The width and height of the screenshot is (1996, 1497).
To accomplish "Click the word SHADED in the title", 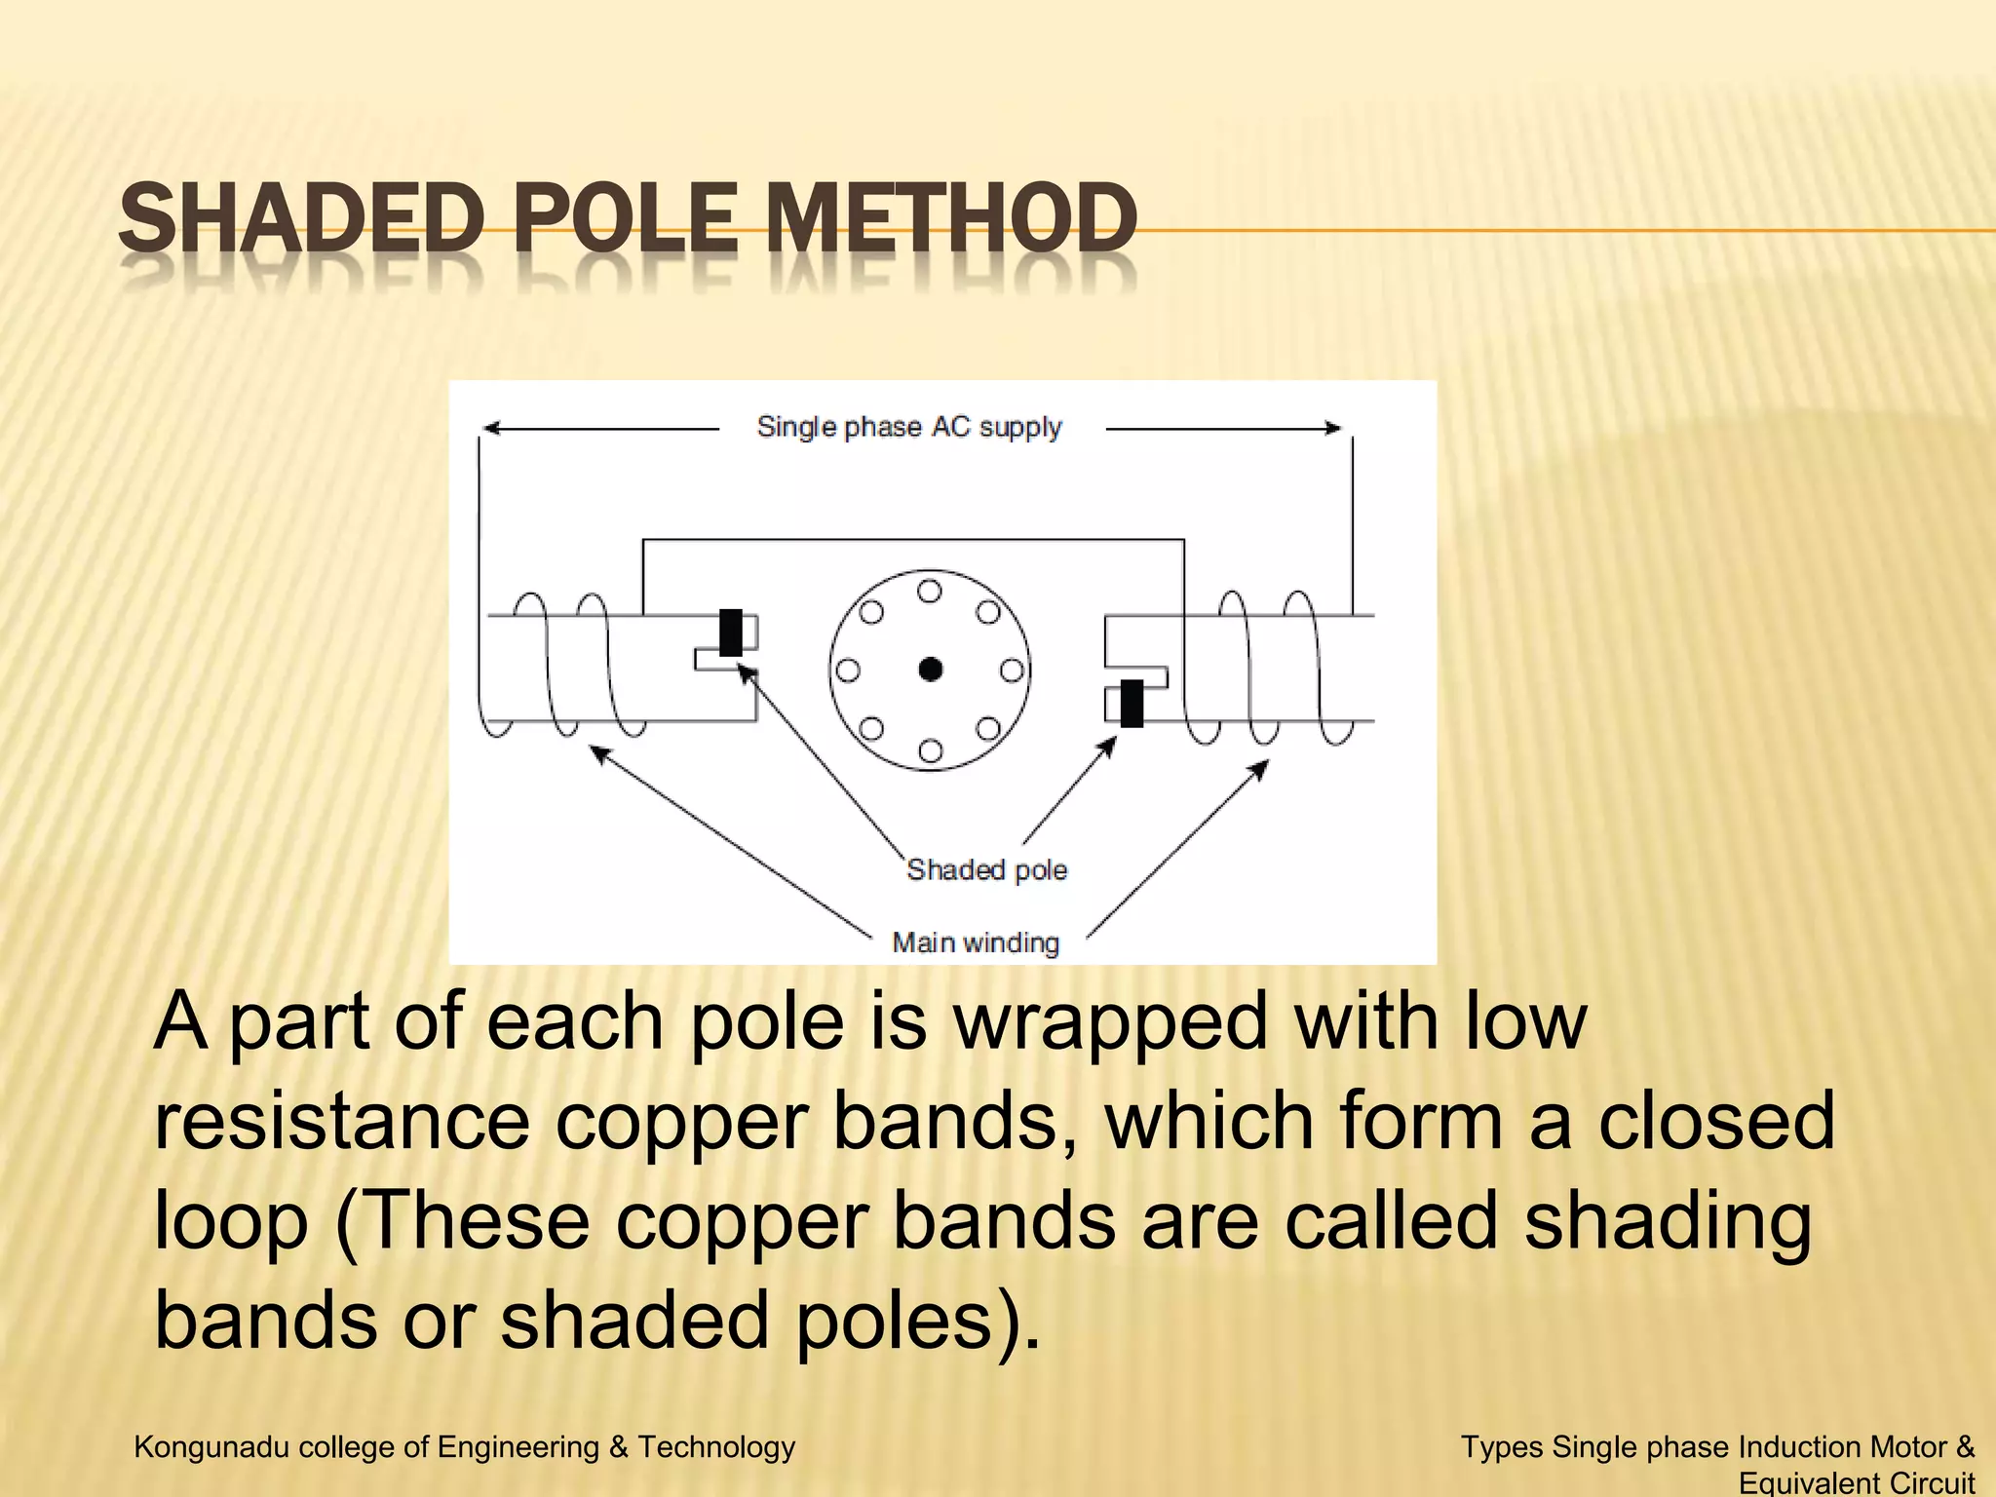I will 301,218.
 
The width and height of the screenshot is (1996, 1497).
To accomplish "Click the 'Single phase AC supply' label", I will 908,427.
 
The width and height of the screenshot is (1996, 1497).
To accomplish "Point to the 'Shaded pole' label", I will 986,869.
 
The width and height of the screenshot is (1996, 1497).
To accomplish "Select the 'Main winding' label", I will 976,942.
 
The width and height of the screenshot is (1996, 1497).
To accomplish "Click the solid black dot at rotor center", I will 931,670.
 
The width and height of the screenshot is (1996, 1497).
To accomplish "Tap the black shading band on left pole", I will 730,632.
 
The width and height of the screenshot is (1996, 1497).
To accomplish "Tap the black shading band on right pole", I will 1132,703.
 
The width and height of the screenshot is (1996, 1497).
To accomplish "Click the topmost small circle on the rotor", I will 930,592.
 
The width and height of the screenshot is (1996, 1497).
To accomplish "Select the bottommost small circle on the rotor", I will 931,749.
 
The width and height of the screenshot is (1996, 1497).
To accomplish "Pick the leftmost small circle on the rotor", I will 849,671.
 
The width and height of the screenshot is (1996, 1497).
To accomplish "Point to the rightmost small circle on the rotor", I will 1012,671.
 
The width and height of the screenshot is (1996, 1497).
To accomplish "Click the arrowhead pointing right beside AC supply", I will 1332,428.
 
